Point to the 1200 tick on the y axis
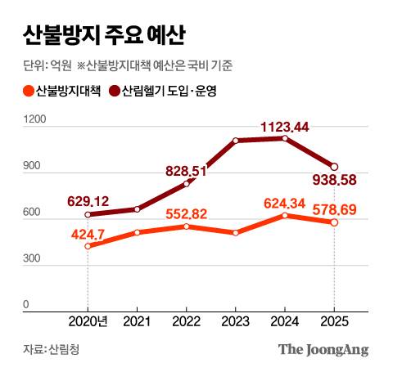(x=36, y=119)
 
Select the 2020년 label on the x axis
(x=90, y=321)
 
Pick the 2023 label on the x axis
(x=236, y=321)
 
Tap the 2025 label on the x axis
(x=333, y=321)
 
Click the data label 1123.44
(x=284, y=127)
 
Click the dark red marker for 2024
(x=284, y=138)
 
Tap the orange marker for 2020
(x=88, y=245)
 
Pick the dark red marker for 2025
(x=333, y=166)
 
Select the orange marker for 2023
(x=236, y=233)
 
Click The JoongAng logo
(x=323, y=349)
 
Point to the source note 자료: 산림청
(x=52, y=349)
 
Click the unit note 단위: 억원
(x=47, y=66)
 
